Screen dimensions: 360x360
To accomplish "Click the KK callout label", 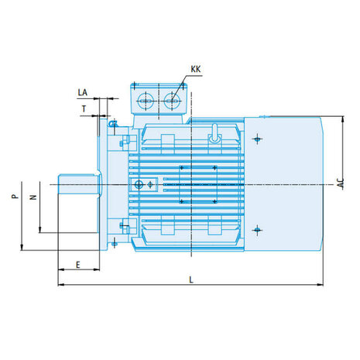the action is [196, 69].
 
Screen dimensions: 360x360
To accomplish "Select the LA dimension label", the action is [83, 92].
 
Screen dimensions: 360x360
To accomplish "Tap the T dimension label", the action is [84, 109].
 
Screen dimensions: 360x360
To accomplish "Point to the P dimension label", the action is [15, 196].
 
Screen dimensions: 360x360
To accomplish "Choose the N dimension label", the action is [33, 197].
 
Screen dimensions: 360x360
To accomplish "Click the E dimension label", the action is [78, 265].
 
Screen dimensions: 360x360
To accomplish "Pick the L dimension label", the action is [191, 279].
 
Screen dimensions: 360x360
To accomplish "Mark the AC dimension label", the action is [341, 183].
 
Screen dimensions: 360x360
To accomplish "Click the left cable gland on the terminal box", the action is [146, 101].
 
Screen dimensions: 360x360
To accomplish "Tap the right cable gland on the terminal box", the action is [172, 101].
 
